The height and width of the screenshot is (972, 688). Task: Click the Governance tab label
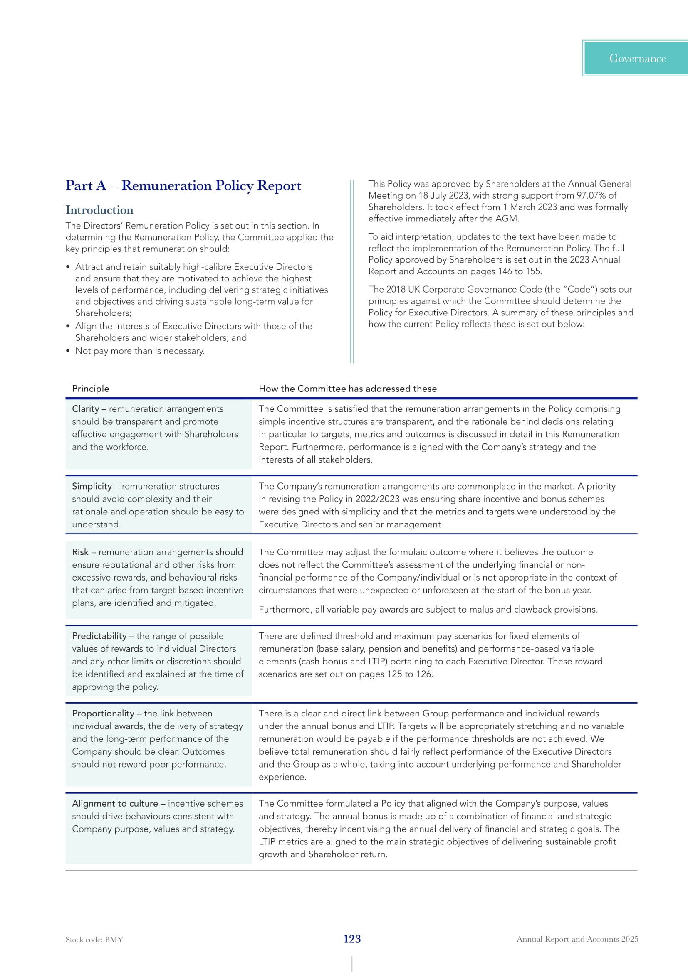point(637,59)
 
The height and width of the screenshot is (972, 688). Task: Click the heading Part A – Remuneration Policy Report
point(183,185)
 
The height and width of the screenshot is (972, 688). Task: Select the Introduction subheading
point(99,210)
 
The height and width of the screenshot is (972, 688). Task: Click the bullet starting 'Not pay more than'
point(140,351)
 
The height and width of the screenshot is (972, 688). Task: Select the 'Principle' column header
point(90,389)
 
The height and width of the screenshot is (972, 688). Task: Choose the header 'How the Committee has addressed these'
point(347,389)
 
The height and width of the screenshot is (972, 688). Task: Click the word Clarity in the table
point(85,409)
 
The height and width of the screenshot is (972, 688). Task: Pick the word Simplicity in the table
point(92,487)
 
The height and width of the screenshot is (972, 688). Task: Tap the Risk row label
point(80,552)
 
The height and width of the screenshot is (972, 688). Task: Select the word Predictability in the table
point(99,636)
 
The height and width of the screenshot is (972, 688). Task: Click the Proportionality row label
point(103,714)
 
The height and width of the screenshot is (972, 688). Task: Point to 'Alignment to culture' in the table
point(115,804)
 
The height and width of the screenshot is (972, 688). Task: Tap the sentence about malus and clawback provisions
point(428,609)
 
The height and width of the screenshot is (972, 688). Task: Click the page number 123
point(352,939)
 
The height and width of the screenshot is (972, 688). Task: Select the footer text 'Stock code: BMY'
point(94,940)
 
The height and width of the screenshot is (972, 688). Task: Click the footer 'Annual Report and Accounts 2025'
point(577,939)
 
